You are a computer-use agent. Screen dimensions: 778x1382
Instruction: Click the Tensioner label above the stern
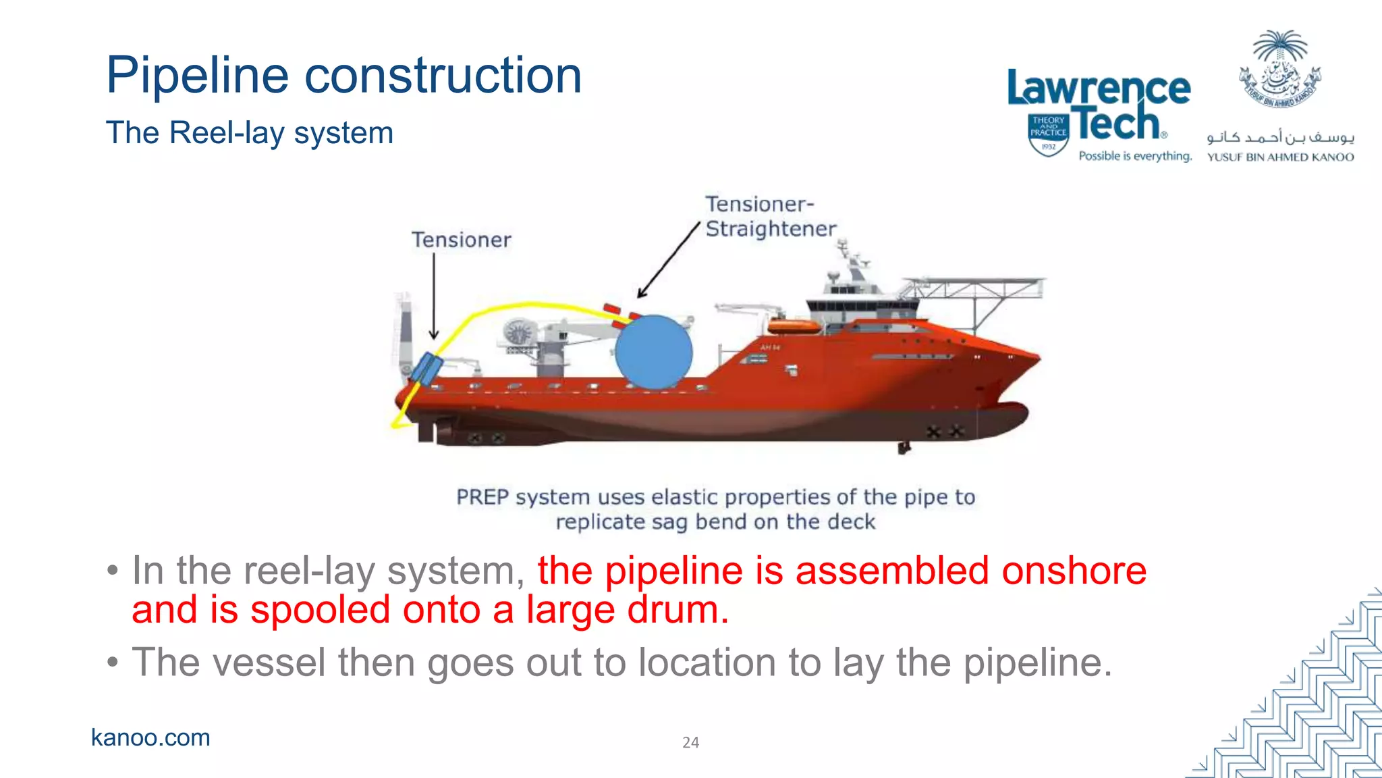pyautogui.click(x=462, y=240)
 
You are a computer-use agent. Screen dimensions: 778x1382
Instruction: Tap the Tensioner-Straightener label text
pyautogui.click(x=770, y=217)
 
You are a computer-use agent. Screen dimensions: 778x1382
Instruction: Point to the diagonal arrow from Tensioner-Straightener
pyautogui.click(x=668, y=260)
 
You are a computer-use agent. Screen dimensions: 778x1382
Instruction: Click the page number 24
pyautogui.click(x=690, y=742)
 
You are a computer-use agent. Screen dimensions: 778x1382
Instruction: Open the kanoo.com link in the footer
pyautogui.click(x=150, y=737)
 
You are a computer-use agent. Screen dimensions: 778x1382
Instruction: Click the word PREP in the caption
pyautogui.click(x=482, y=497)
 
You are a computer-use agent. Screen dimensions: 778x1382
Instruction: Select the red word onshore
pyautogui.click(x=1074, y=571)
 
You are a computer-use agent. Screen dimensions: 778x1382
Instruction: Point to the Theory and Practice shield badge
pyautogui.click(x=1048, y=134)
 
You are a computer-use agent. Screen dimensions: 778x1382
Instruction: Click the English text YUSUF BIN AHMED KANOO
pyautogui.click(x=1280, y=157)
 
